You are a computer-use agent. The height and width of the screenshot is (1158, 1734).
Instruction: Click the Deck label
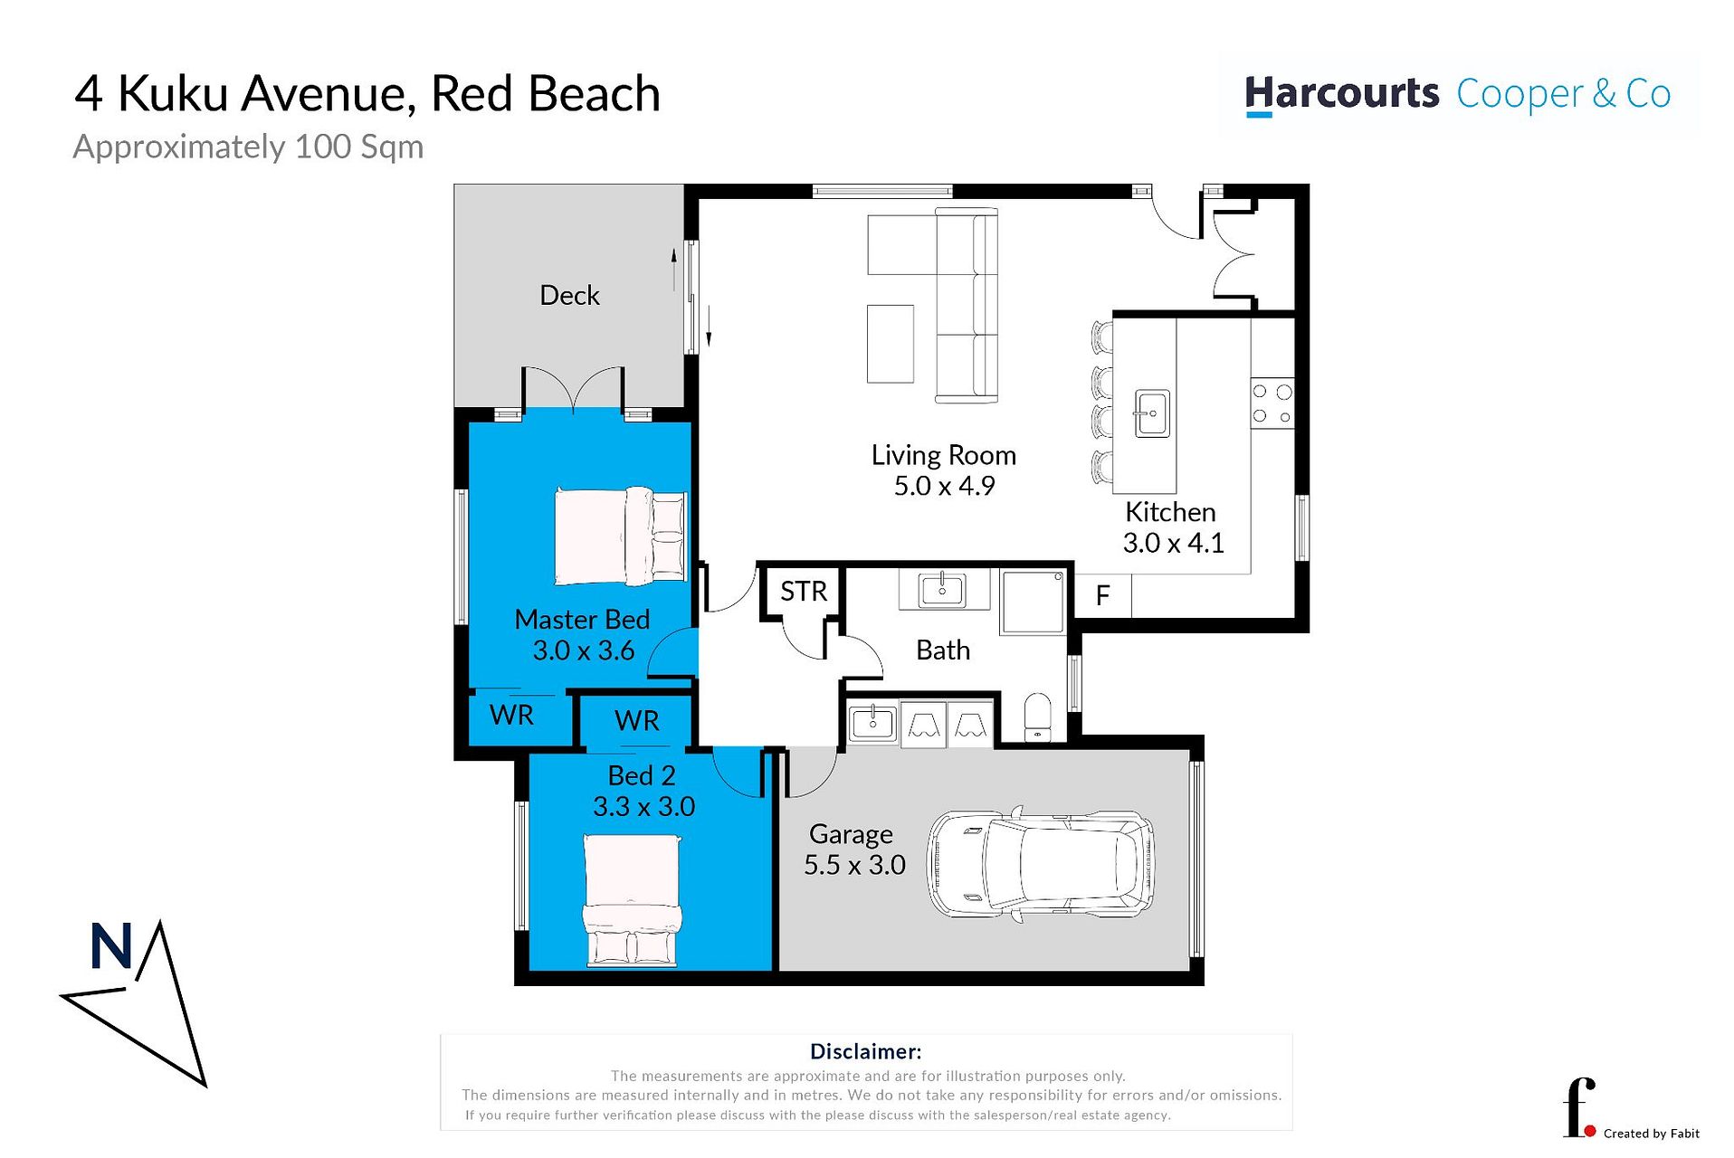(569, 295)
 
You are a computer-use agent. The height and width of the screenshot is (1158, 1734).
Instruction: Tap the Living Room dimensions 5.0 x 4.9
(944, 486)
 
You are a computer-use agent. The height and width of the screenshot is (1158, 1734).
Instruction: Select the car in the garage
(1041, 864)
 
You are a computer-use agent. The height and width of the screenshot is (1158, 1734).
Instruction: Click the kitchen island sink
(1152, 413)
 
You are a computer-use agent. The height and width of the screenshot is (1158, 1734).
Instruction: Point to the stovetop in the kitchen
(1272, 403)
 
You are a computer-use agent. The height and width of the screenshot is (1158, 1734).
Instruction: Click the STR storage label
(804, 592)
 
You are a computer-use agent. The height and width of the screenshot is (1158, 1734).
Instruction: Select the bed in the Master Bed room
(621, 536)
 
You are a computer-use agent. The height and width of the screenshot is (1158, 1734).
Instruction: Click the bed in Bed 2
(632, 900)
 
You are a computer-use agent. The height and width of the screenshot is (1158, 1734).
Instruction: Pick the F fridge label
(1102, 595)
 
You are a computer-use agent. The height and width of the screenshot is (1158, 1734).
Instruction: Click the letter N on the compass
(111, 946)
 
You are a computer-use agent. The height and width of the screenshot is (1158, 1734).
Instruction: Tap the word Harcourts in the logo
(1341, 94)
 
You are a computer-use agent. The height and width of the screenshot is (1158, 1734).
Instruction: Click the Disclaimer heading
(865, 1051)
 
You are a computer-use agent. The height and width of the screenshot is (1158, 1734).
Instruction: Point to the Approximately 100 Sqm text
(248, 147)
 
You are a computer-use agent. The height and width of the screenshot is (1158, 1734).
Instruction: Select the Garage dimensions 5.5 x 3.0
(854, 865)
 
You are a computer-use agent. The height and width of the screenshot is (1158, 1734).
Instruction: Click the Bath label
(943, 650)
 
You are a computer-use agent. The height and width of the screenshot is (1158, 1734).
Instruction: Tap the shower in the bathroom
(1033, 602)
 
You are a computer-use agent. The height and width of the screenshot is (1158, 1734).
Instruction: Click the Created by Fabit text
(1651, 1134)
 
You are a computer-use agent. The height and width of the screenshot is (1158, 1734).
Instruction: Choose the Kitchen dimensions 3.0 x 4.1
(1173, 543)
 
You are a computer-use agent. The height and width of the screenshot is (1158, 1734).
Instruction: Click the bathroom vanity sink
(943, 590)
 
